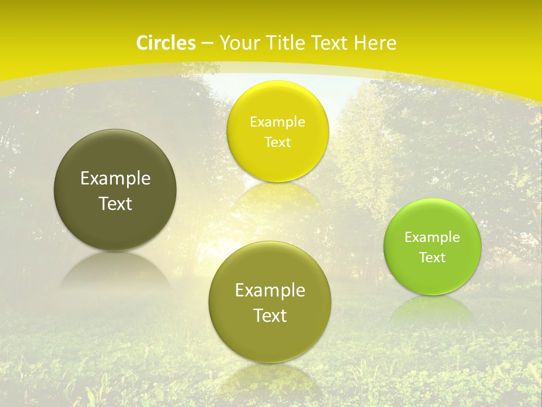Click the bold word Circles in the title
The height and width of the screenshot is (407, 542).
click(x=165, y=43)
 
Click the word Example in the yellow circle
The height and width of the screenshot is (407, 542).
click(x=278, y=122)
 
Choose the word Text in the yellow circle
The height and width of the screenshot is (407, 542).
click(x=278, y=142)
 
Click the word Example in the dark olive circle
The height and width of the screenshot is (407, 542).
click(x=115, y=179)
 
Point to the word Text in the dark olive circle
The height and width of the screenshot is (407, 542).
click(x=115, y=203)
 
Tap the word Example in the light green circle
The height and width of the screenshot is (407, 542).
click(x=432, y=237)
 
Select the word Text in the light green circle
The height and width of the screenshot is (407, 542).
click(x=432, y=258)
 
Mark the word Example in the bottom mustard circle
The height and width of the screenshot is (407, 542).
click(x=270, y=291)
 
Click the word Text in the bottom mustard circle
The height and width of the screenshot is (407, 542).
click(x=270, y=315)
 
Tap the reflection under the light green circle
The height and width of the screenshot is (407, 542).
click(x=432, y=308)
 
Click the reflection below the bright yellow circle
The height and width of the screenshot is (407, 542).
click(x=278, y=195)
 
